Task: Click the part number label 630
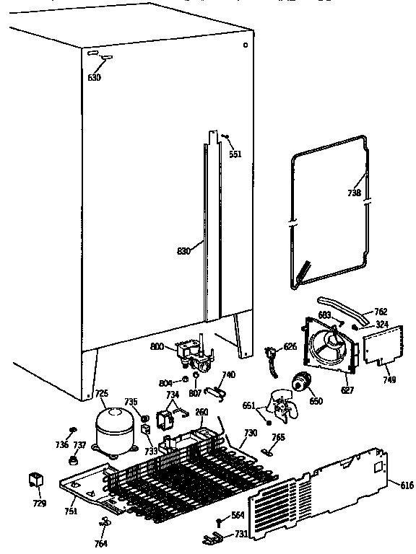pyautogui.click(x=95, y=77)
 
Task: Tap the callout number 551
pyautogui.click(x=235, y=154)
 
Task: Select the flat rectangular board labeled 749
pyautogui.click(x=380, y=344)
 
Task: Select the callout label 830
pyautogui.click(x=184, y=251)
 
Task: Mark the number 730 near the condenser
pyautogui.click(x=250, y=433)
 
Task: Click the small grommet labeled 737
pyautogui.click(x=74, y=460)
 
